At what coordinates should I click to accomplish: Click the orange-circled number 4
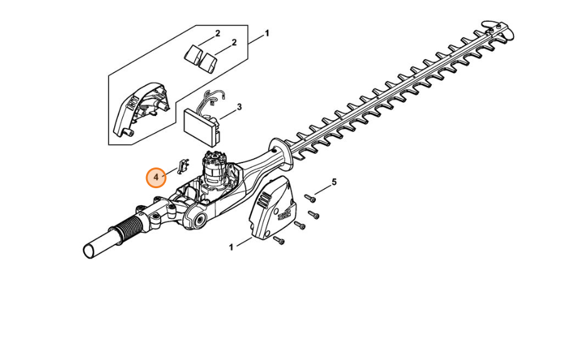click(x=156, y=177)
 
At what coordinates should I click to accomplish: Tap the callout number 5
click(x=334, y=182)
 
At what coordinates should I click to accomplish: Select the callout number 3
click(x=239, y=107)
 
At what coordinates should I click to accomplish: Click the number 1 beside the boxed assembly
click(x=267, y=33)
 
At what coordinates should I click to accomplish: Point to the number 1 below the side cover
click(x=231, y=248)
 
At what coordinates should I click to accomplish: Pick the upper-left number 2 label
click(x=218, y=34)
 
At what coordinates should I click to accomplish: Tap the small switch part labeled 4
click(x=183, y=166)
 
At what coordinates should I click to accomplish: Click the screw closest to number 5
click(x=310, y=198)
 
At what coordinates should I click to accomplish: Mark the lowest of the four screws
click(x=279, y=240)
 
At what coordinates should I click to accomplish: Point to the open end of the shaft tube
click(x=89, y=251)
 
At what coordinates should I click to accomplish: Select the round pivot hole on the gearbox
click(x=199, y=221)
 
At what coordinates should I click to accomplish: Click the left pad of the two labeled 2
click(x=192, y=54)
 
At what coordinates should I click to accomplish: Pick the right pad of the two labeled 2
click(x=208, y=61)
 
